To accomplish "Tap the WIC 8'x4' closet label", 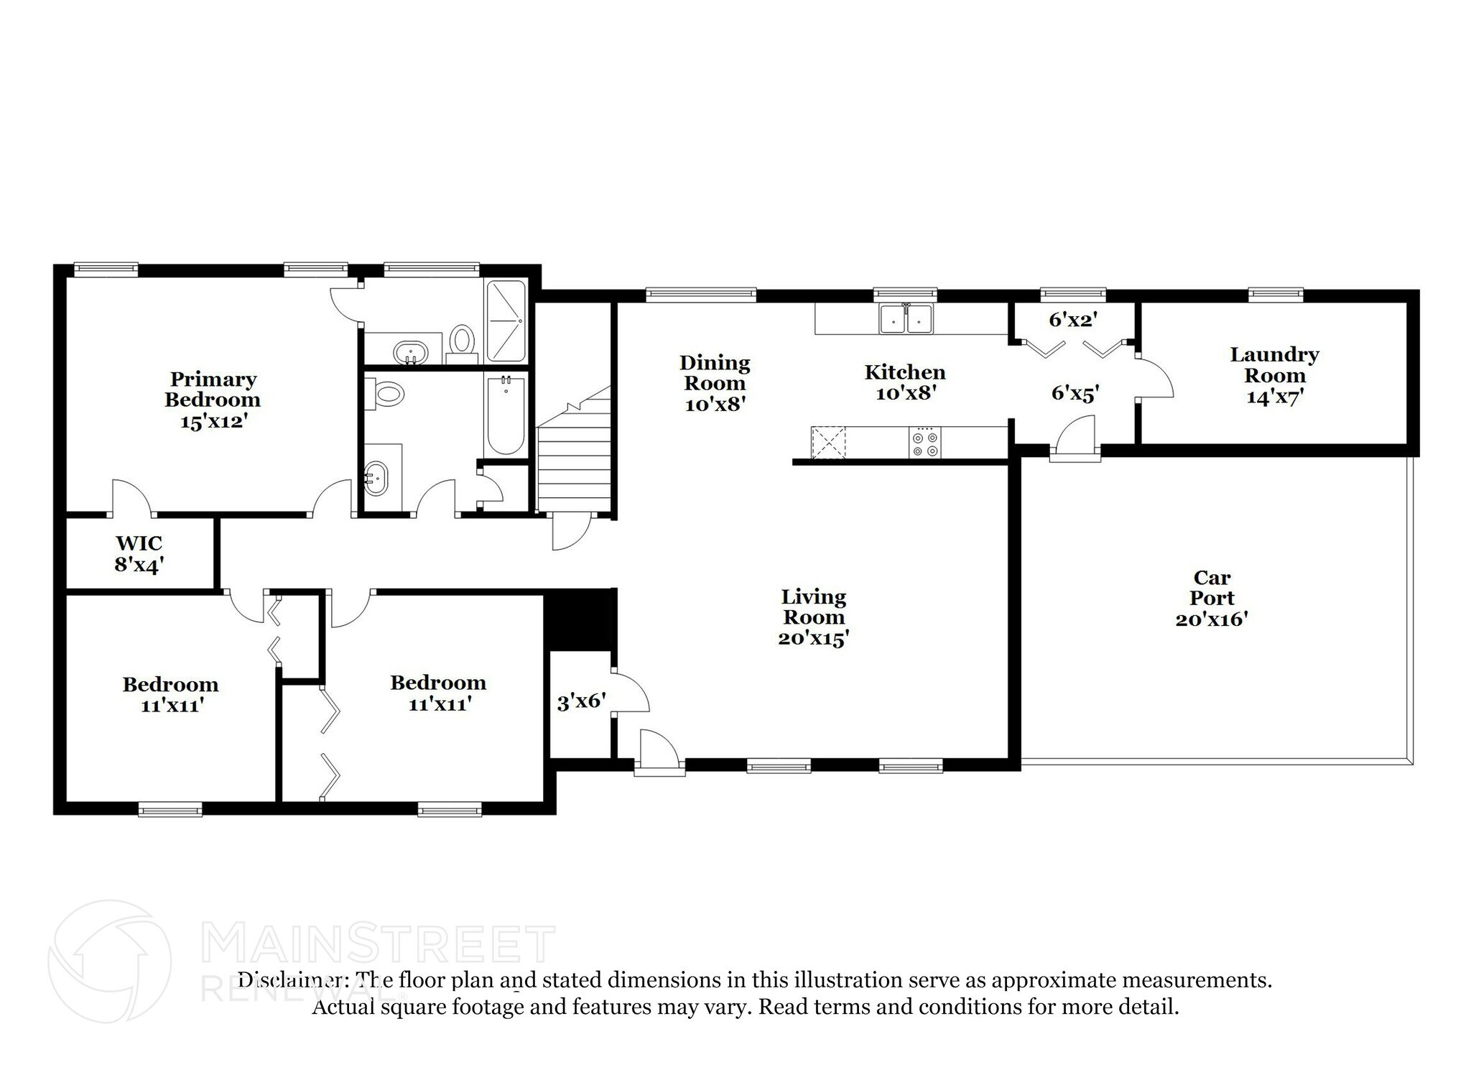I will [139, 553].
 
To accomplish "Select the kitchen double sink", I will [906, 318].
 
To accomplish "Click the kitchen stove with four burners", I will [924, 442].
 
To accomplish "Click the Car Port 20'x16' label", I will [1212, 598].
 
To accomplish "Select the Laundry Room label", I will [1274, 375].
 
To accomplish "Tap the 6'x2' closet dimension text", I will [1074, 320].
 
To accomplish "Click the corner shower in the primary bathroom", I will [506, 320].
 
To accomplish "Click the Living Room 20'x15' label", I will [814, 617].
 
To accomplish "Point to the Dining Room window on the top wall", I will [700, 293].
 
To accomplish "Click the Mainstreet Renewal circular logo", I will [109, 961].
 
